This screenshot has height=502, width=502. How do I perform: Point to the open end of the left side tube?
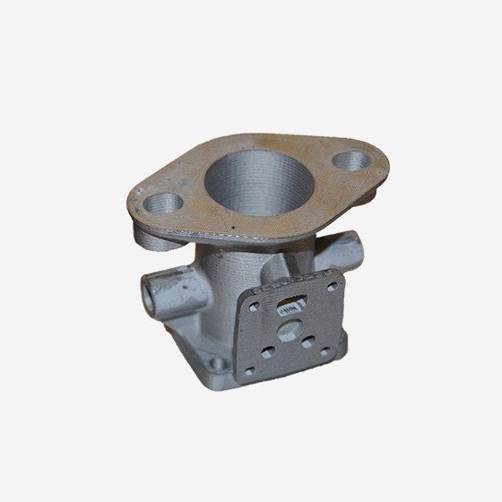click(x=151, y=290)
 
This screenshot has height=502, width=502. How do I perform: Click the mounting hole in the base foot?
click(x=218, y=361)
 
